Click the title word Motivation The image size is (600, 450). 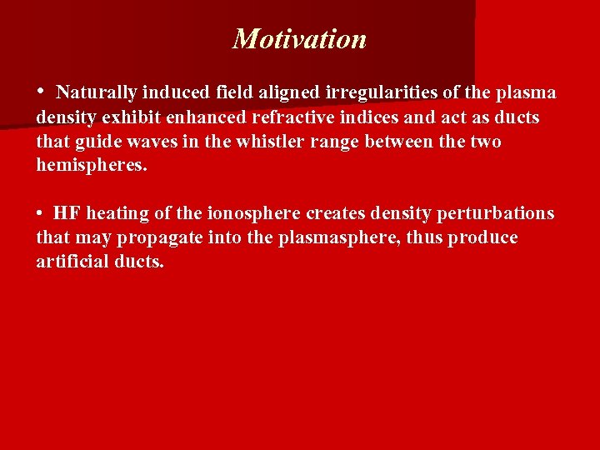coord(299,39)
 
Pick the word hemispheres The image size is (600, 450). coord(91,165)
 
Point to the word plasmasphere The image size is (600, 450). coord(347,237)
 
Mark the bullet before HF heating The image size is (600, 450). coord(40,213)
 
